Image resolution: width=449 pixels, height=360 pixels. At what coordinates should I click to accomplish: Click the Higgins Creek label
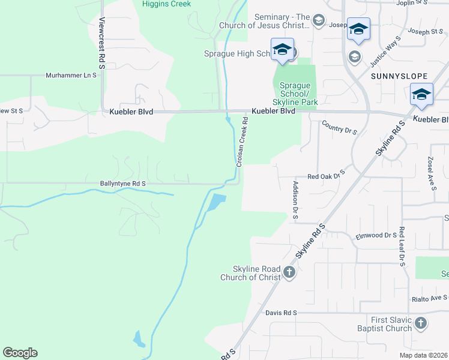(166, 4)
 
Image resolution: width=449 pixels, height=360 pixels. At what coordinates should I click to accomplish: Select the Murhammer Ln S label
(71, 76)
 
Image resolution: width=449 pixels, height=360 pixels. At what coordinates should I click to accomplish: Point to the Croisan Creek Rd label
(241, 142)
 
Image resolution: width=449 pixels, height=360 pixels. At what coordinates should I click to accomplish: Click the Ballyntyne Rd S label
(123, 183)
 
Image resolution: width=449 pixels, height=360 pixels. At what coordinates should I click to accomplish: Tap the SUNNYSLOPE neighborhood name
(399, 76)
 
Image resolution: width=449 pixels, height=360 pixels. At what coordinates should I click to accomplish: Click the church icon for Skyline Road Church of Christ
(289, 273)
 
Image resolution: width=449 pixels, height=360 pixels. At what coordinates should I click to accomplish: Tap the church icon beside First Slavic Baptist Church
(421, 324)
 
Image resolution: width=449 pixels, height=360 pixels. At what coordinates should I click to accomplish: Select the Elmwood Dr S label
(376, 236)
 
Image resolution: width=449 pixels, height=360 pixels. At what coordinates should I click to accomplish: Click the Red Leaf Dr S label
(402, 246)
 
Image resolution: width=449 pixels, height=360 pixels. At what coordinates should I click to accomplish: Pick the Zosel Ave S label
(432, 175)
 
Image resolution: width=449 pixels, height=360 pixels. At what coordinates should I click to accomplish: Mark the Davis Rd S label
(281, 313)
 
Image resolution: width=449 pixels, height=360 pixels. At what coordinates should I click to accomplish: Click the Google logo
(20, 353)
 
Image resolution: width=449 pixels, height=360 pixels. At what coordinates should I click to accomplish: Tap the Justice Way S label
(385, 51)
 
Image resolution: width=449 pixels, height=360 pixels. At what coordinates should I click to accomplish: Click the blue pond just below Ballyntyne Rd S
(214, 203)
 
